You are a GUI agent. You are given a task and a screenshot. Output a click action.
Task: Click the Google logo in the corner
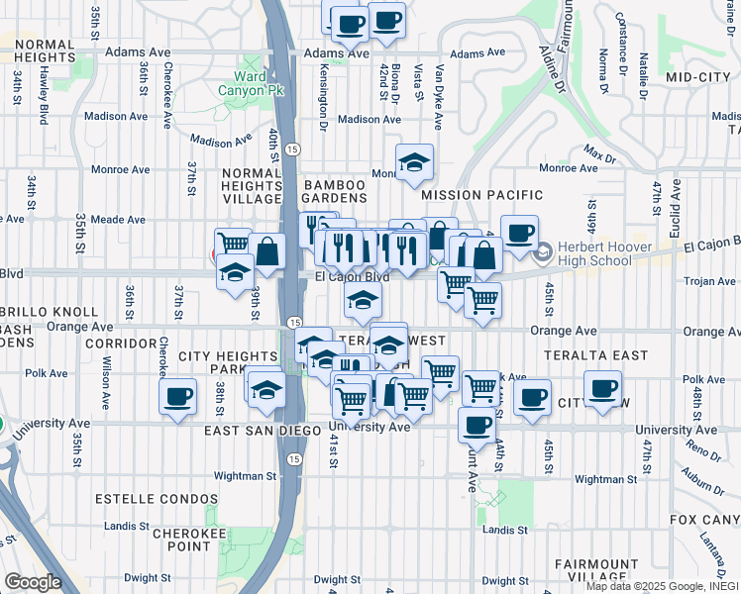coord(32,582)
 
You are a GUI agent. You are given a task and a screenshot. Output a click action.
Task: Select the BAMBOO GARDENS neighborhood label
coord(341,193)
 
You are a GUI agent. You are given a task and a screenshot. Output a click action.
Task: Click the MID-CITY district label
coord(697,76)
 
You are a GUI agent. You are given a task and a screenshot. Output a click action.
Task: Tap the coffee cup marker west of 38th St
coord(178,397)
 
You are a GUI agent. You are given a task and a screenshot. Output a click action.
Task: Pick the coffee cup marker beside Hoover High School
coord(519,234)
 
